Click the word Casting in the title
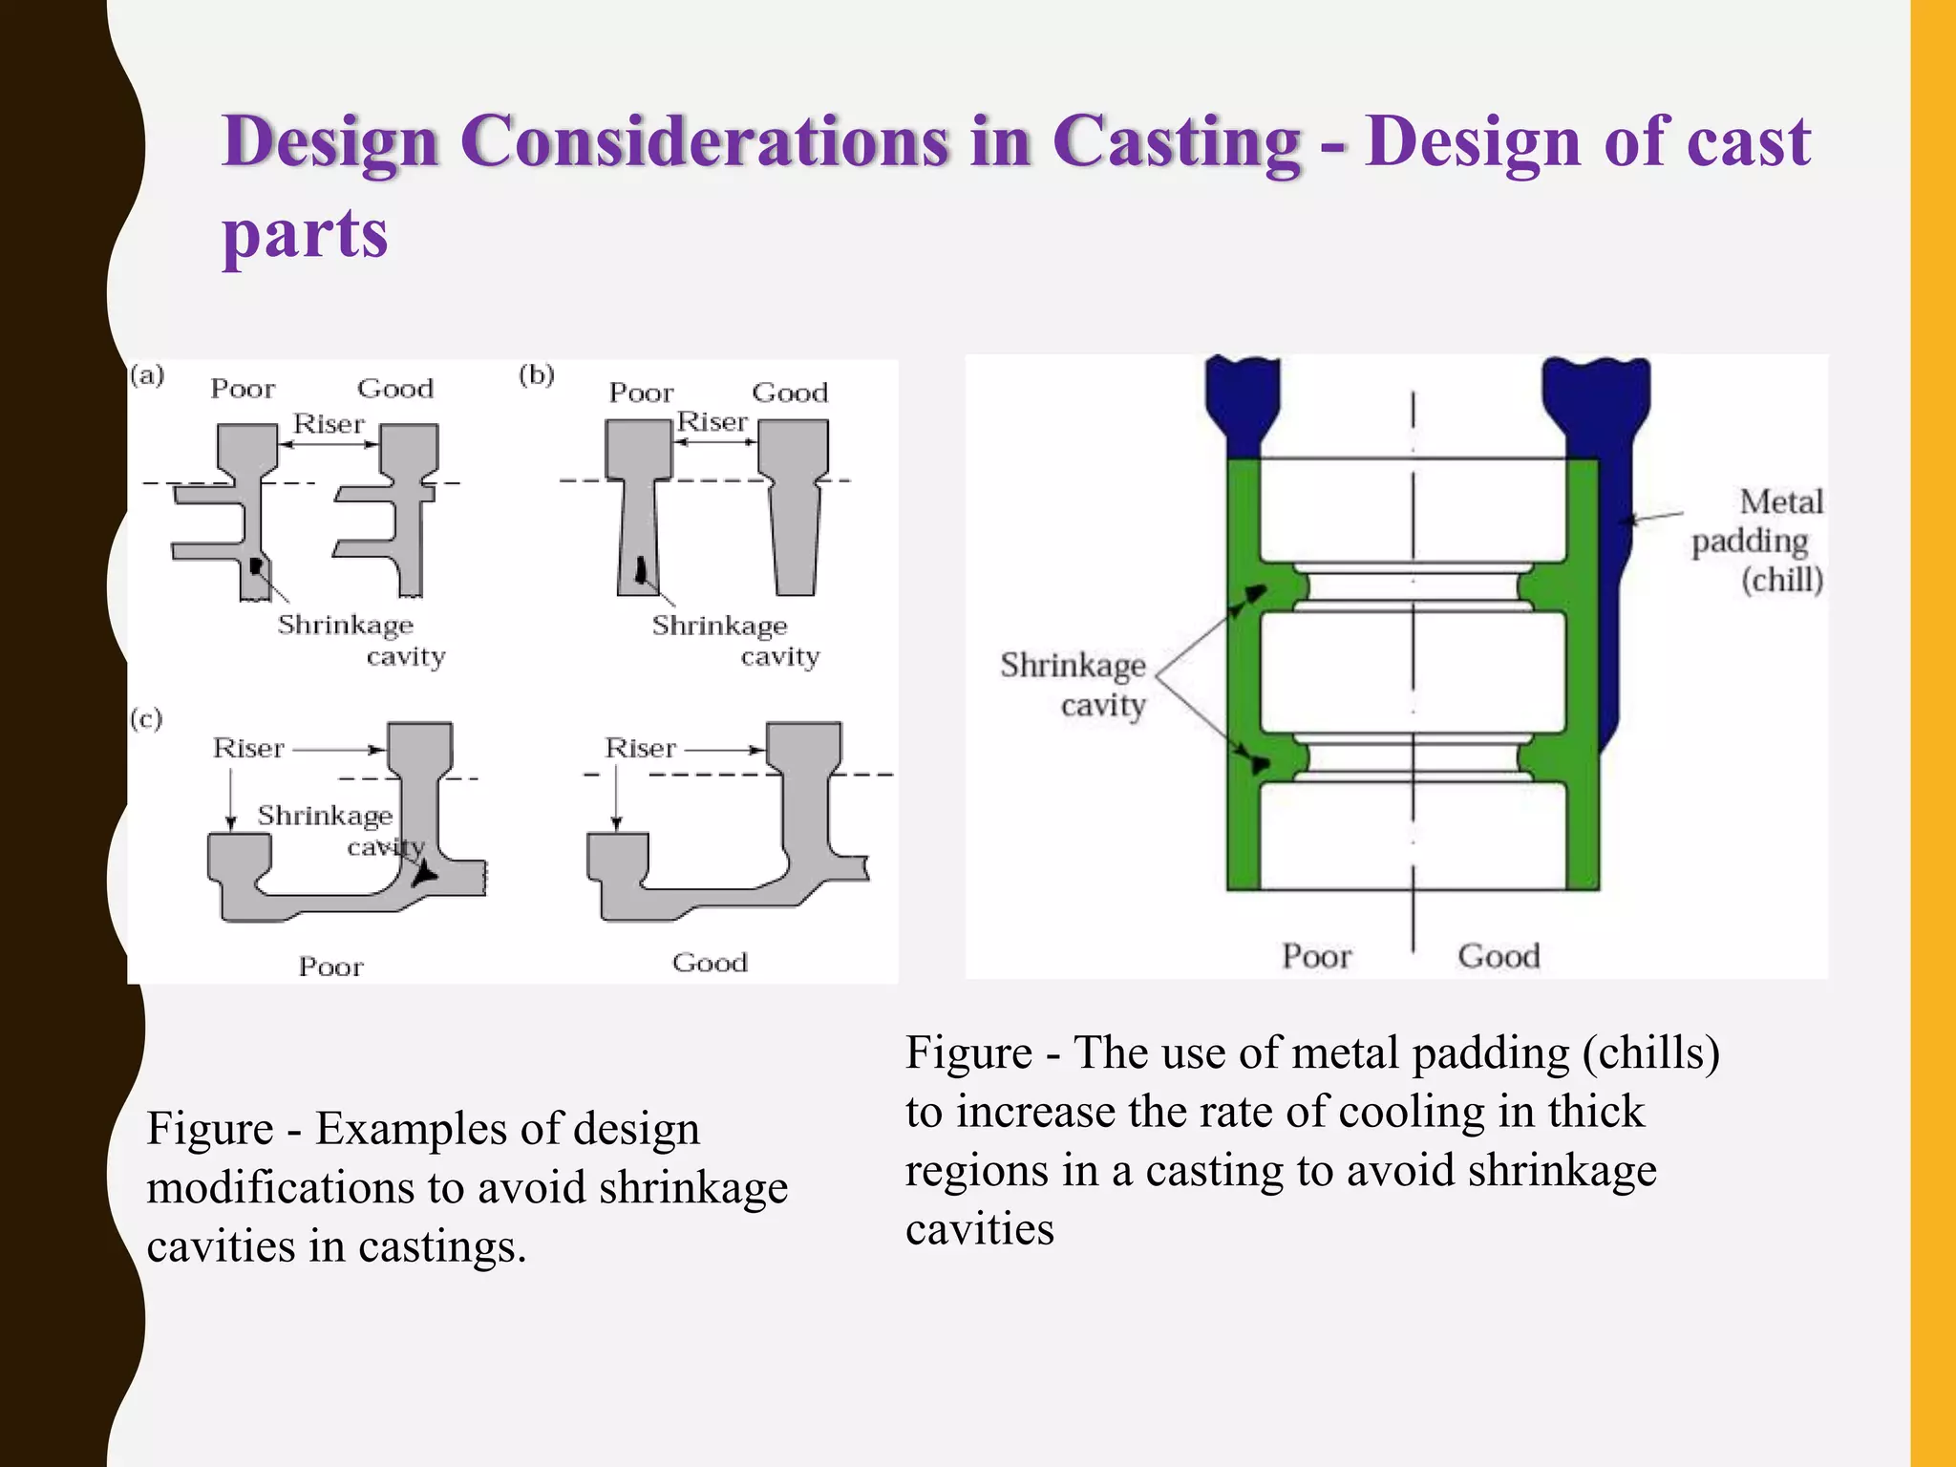[x=1177, y=141]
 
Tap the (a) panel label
[x=147, y=374]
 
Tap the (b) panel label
[x=537, y=374]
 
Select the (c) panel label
[x=146, y=718]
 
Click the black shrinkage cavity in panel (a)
[x=255, y=566]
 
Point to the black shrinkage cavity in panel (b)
[x=641, y=570]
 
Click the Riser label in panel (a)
[x=329, y=423]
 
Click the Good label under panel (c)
[x=710, y=962]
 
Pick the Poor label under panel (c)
[x=330, y=967]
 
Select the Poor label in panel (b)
[x=641, y=393]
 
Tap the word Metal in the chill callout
[x=1780, y=501]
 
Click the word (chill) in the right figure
[x=1781, y=580]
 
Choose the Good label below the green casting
[x=1499, y=956]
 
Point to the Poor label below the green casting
[x=1316, y=956]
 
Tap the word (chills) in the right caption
[x=1650, y=1052]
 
